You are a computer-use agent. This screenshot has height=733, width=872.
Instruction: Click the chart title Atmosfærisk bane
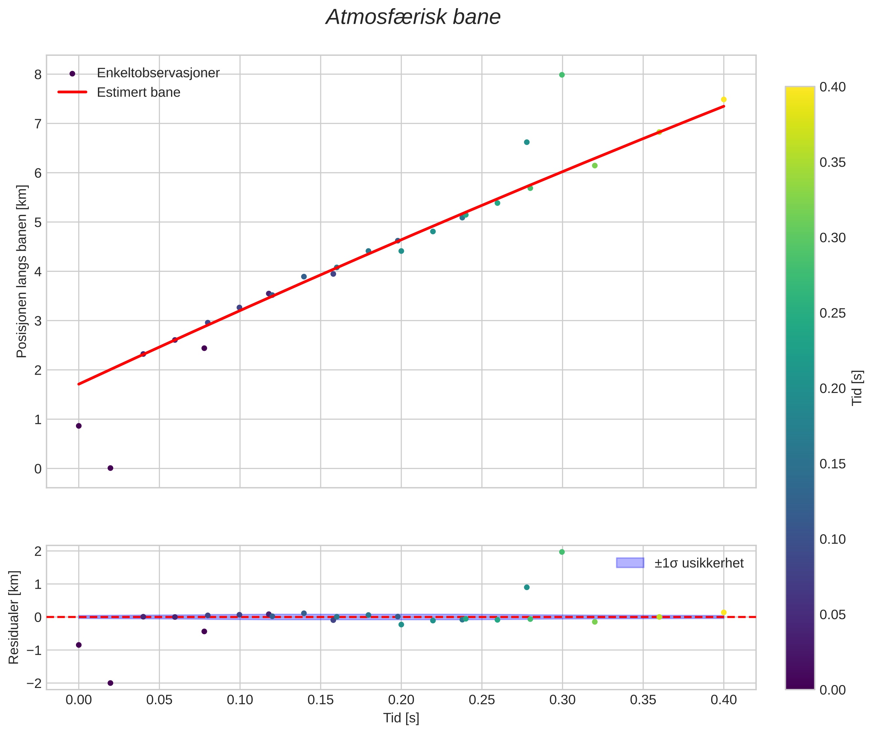coord(413,17)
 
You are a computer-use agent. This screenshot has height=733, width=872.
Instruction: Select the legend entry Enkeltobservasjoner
coord(158,73)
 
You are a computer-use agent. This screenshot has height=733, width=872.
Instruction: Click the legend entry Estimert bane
coord(138,92)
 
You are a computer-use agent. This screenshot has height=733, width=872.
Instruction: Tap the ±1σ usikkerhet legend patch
coord(630,563)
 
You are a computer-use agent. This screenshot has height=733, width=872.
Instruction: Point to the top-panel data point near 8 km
coord(562,75)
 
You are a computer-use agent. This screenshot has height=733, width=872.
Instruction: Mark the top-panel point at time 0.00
coord(79,426)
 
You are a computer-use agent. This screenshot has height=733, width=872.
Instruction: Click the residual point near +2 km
coord(562,552)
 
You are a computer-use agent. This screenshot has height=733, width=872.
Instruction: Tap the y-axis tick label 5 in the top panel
coord(38,222)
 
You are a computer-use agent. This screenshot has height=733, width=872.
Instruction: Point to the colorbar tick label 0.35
coord(833,163)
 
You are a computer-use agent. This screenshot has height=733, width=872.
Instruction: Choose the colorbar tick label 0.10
coord(833,539)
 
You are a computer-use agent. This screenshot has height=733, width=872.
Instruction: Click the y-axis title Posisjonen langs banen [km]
coord(22,271)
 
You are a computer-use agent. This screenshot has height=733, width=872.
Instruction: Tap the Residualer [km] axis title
coord(14,617)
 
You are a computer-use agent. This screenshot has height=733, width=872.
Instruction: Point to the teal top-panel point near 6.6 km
coord(527,142)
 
